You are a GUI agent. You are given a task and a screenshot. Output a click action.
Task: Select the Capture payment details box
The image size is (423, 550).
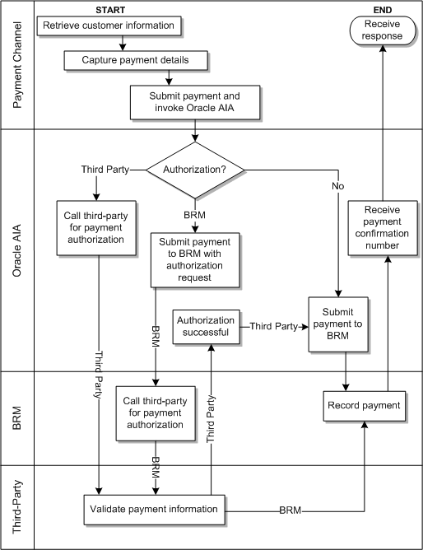click(x=135, y=61)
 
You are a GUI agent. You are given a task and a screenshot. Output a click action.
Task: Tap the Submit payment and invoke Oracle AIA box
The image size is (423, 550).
click(x=194, y=102)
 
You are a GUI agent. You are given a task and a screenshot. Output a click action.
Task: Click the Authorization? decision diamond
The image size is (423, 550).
click(x=195, y=170)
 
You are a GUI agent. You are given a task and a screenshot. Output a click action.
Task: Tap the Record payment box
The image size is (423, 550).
click(x=363, y=405)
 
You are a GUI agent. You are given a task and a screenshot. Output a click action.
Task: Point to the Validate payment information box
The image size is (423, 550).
click(x=153, y=509)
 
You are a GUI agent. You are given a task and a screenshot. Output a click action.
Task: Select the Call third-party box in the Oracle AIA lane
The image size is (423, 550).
click(x=94, y=228)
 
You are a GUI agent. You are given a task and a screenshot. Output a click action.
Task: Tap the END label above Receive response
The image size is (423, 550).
click(x=383, y=8)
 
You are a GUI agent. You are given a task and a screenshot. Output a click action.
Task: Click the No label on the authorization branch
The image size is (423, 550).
click(x=338, y=187)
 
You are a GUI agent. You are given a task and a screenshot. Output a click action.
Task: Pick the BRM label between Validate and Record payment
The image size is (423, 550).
click(x=291, y=510)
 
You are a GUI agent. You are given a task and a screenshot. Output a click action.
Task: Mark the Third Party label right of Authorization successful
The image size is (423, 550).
click(x=274, y=326)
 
